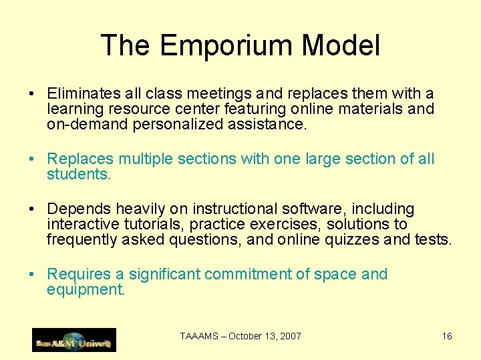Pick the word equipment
tap(86, 289)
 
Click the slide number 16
tap(447, 336)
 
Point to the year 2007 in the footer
tap(291, 336)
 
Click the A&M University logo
tap(74, 340)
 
